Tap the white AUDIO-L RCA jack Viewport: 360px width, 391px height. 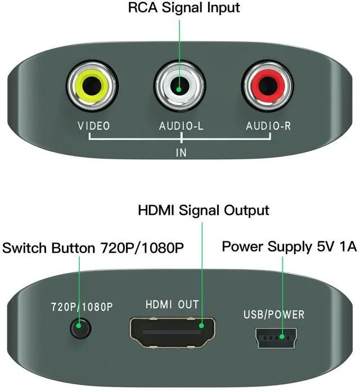179,88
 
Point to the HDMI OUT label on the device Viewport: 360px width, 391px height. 172,304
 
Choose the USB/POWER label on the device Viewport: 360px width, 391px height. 274,314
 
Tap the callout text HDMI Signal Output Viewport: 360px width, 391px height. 204,210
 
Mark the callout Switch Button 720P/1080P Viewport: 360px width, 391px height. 93,247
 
